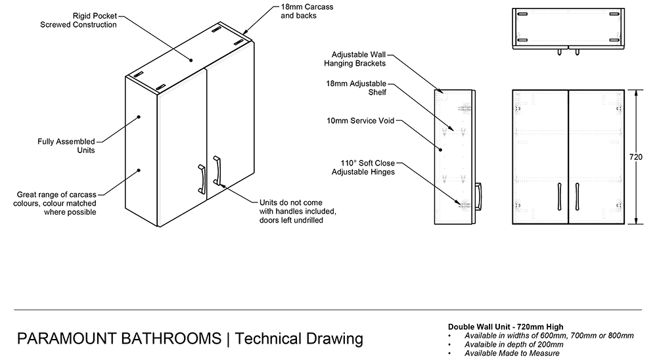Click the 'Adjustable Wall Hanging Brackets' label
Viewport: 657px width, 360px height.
pos(358,59)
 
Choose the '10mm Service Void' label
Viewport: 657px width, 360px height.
pos(363,121)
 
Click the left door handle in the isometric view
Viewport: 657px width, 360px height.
pos(201,179)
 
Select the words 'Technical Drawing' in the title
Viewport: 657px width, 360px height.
pos(299,339)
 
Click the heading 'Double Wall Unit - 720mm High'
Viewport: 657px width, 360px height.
pos(505,327)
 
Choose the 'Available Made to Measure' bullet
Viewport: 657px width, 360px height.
pos(512,353)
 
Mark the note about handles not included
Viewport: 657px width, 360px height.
pos(297,211)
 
